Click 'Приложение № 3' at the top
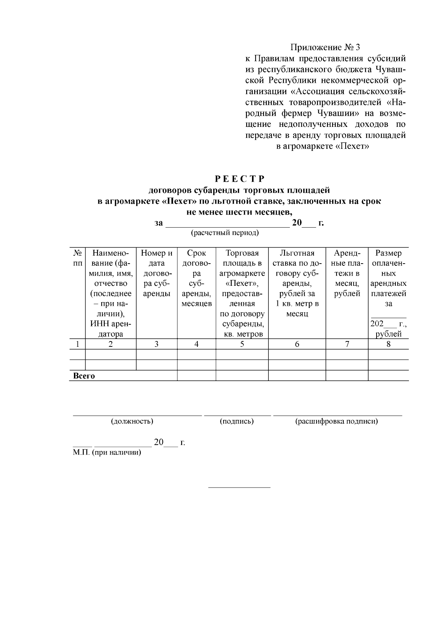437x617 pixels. click(x=325, y=48)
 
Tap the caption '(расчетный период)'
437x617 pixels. click(x=225, y=233)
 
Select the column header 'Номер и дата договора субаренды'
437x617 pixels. click(x=157, y=273)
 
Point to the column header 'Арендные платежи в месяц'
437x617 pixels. click(x=347, y=273)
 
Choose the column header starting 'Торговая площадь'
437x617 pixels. click(x=242, y=293)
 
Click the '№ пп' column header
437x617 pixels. click(x=77, y=258)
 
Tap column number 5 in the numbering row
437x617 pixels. click(x=242, y=344)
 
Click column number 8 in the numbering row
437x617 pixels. click(x=388, y=344)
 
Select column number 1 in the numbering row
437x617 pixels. click(x=77, y=344)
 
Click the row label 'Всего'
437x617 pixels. click(x=84, y=376)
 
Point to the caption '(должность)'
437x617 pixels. click(x=132, y=421)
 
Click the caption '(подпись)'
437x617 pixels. click(x=237, y=421)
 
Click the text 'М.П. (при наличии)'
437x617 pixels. click(x=107, y=453)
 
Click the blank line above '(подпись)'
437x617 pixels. click(x=237, y=414)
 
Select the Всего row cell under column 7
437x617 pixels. click(x=347, y=376)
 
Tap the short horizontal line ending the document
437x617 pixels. click(x=239, y=487)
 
